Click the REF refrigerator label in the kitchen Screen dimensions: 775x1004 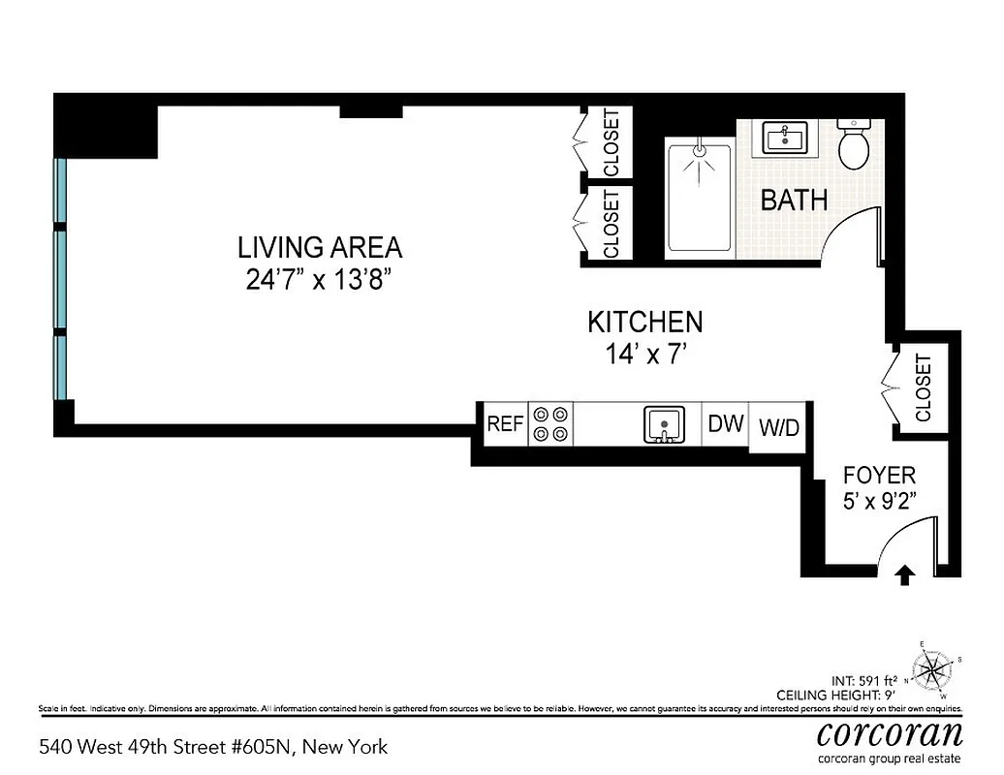pos(504,424)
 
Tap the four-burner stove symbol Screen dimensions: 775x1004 pos(550,424)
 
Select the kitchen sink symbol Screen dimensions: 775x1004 pos(665,424)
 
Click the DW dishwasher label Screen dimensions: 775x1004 pos(725,424)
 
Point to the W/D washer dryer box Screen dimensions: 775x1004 pos(779,427)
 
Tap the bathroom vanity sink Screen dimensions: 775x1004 pos(785,138)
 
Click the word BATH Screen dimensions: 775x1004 pos(794,201)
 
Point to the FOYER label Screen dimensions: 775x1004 pos(879,476)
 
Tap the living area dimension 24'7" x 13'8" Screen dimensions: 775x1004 pos(319,280)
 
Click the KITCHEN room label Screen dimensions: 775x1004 pos(644,322)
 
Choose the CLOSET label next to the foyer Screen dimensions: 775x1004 pos(923,387)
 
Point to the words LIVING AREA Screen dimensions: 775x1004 pos(319,248)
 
